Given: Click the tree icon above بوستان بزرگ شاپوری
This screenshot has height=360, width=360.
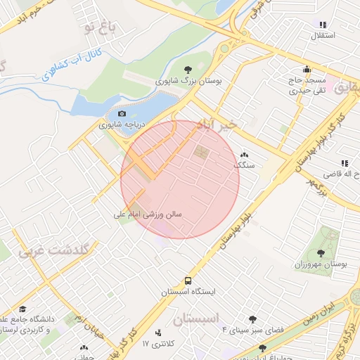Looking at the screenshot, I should click(x=188, y=69).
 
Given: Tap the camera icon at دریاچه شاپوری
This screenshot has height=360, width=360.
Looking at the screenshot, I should click(x=122, y=113).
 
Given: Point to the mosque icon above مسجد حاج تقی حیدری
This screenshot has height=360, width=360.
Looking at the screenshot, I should click(x=307, y=69).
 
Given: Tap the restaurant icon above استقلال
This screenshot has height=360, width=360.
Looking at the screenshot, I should click(x=323, y=24).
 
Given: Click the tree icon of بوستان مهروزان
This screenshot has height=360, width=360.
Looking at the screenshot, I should click(x=321, y=253).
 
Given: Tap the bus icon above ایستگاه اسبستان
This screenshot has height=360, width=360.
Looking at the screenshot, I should click(x=187, y=279).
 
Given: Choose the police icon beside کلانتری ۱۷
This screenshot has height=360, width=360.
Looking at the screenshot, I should click(x=157, y=333).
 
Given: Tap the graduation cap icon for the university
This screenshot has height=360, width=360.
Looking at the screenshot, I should click(x=22, y=309).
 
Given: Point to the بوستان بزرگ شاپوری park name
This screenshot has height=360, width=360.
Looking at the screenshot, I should click(x=188, y=82).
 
